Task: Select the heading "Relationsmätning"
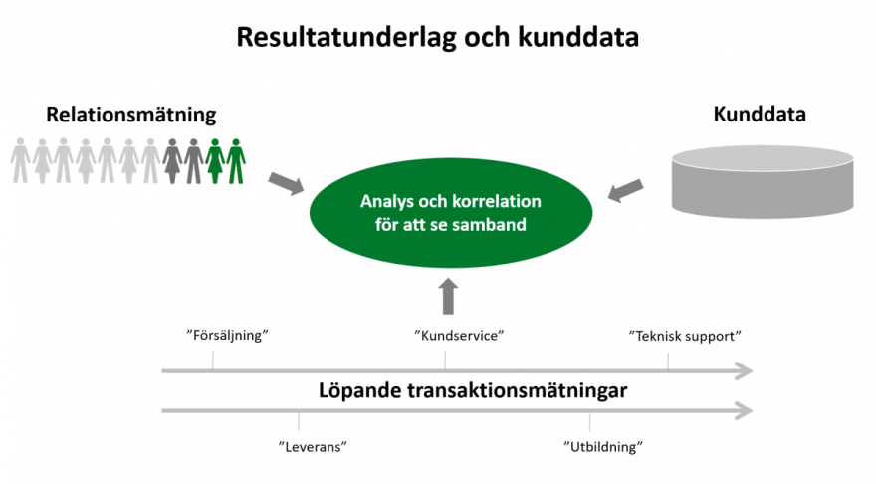coord(130,115)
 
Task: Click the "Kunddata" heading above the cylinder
coord(760,114)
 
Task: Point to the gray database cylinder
coord(763,181)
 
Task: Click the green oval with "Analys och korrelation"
coord(450,213)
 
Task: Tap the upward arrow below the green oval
coord(448,296)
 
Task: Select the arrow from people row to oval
coord(286,183)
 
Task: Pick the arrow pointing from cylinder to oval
coord(625,190)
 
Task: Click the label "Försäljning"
coord(227,335)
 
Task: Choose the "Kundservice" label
coord(459,335)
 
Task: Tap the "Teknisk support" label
coord(685,336)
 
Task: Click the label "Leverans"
coord(313,446)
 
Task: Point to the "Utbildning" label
coord(603,446)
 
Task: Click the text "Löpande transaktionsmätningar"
coord(473,390)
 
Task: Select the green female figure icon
coord(215,161)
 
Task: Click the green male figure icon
coord(236,161)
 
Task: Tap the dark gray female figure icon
coord(172,161)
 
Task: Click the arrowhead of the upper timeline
coord(745,371)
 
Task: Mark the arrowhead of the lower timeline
coord(745,410)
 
